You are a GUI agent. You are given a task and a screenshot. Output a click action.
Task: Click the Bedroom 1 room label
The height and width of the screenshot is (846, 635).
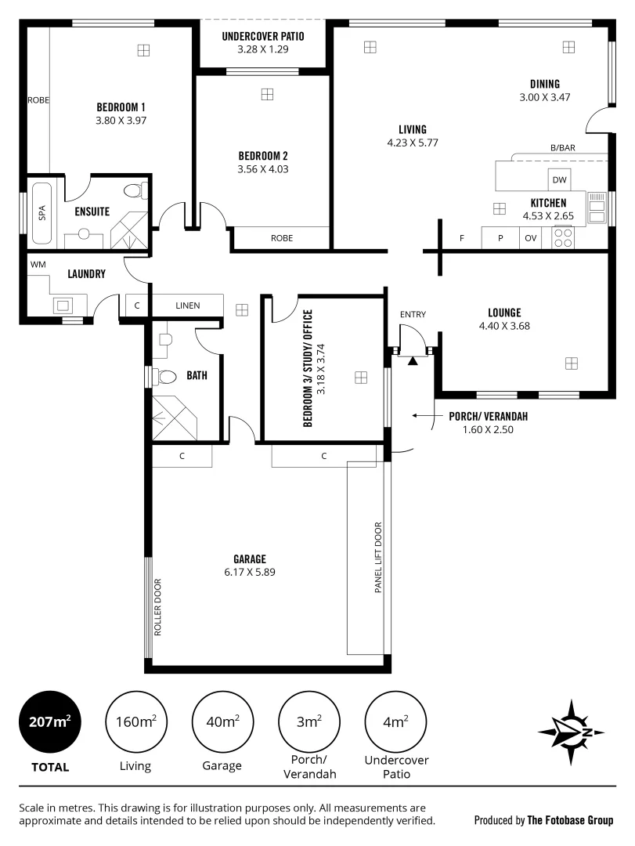point(121,107)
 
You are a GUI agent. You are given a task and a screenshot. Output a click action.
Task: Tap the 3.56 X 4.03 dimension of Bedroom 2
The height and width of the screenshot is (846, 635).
point(263,168)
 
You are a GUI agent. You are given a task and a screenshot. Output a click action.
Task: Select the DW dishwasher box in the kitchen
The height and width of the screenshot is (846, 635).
point(559,180)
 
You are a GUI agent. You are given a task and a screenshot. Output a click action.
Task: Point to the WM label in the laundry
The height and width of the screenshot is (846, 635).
point(38,265)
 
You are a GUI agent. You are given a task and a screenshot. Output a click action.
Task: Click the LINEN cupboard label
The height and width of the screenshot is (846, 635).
point(186,305)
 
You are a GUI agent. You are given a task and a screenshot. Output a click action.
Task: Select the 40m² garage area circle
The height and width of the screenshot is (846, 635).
point(222,721)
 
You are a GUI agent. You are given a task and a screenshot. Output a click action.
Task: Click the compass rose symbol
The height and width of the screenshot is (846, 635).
point(571,732)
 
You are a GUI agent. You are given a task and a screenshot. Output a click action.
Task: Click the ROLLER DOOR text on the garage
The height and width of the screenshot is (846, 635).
point(157,608)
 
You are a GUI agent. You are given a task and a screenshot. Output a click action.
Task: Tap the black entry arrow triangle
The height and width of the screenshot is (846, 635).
point(413,360)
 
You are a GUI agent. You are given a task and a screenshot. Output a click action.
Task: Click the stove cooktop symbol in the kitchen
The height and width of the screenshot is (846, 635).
point(563,237)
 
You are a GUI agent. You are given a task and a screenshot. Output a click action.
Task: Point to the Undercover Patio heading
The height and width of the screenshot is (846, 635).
point(262,36)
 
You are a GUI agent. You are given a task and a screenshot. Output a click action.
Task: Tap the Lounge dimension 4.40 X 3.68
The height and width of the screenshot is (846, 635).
point(504,327)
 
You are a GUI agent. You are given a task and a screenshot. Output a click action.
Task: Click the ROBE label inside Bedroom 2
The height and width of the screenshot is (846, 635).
point(282,238)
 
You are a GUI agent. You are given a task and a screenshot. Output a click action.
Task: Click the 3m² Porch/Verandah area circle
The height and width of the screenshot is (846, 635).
point(308,721)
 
